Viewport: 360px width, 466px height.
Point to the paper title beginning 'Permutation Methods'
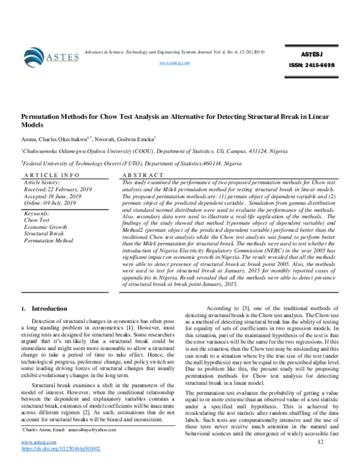(180, 120)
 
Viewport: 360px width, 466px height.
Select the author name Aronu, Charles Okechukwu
(54, 138)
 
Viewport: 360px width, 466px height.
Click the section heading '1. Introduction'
(45, 309)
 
